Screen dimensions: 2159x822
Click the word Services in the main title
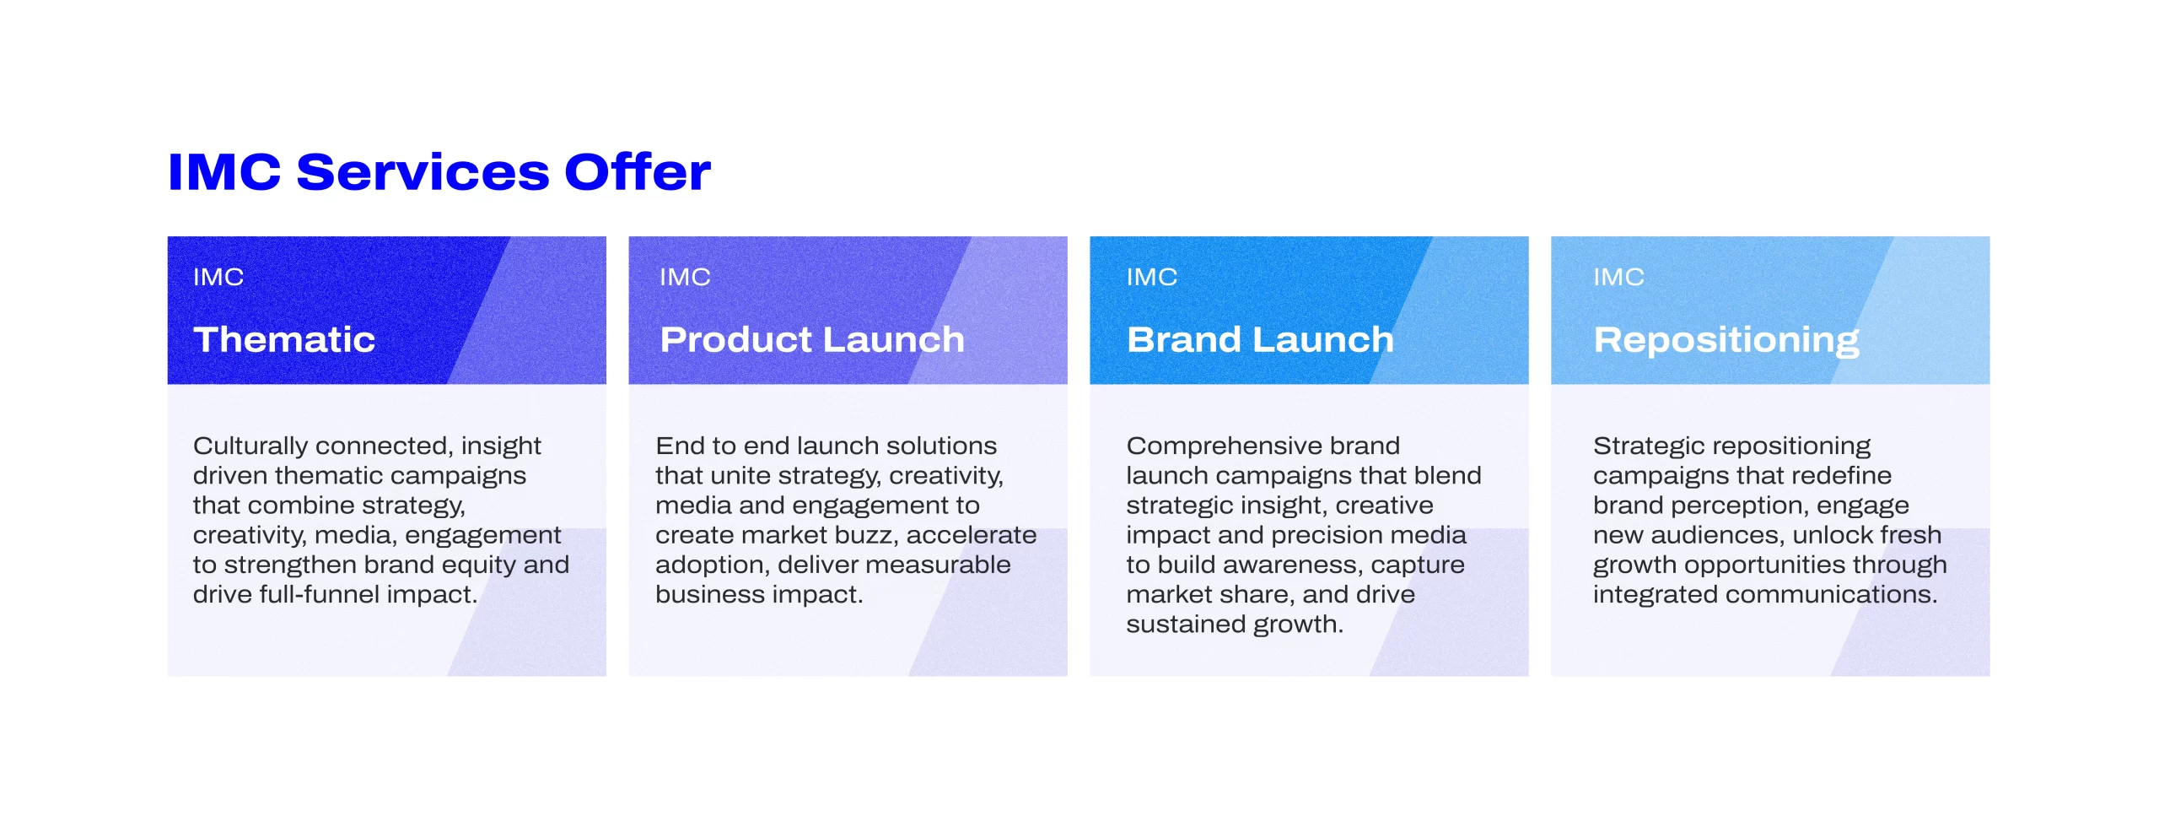423,172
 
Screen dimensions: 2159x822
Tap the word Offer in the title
638,171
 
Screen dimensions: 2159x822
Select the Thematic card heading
284,339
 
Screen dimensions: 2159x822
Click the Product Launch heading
812,339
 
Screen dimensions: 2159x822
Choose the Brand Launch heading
1261,339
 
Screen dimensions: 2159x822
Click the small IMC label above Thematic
218,277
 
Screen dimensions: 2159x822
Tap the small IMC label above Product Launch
685,277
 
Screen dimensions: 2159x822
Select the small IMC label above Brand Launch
1152,277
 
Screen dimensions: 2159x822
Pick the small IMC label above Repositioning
1618,277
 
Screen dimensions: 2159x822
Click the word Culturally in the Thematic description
250,446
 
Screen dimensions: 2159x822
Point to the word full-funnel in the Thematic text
326,594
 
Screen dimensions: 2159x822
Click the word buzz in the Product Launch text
865,535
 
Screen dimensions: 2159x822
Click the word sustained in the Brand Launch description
1186,625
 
